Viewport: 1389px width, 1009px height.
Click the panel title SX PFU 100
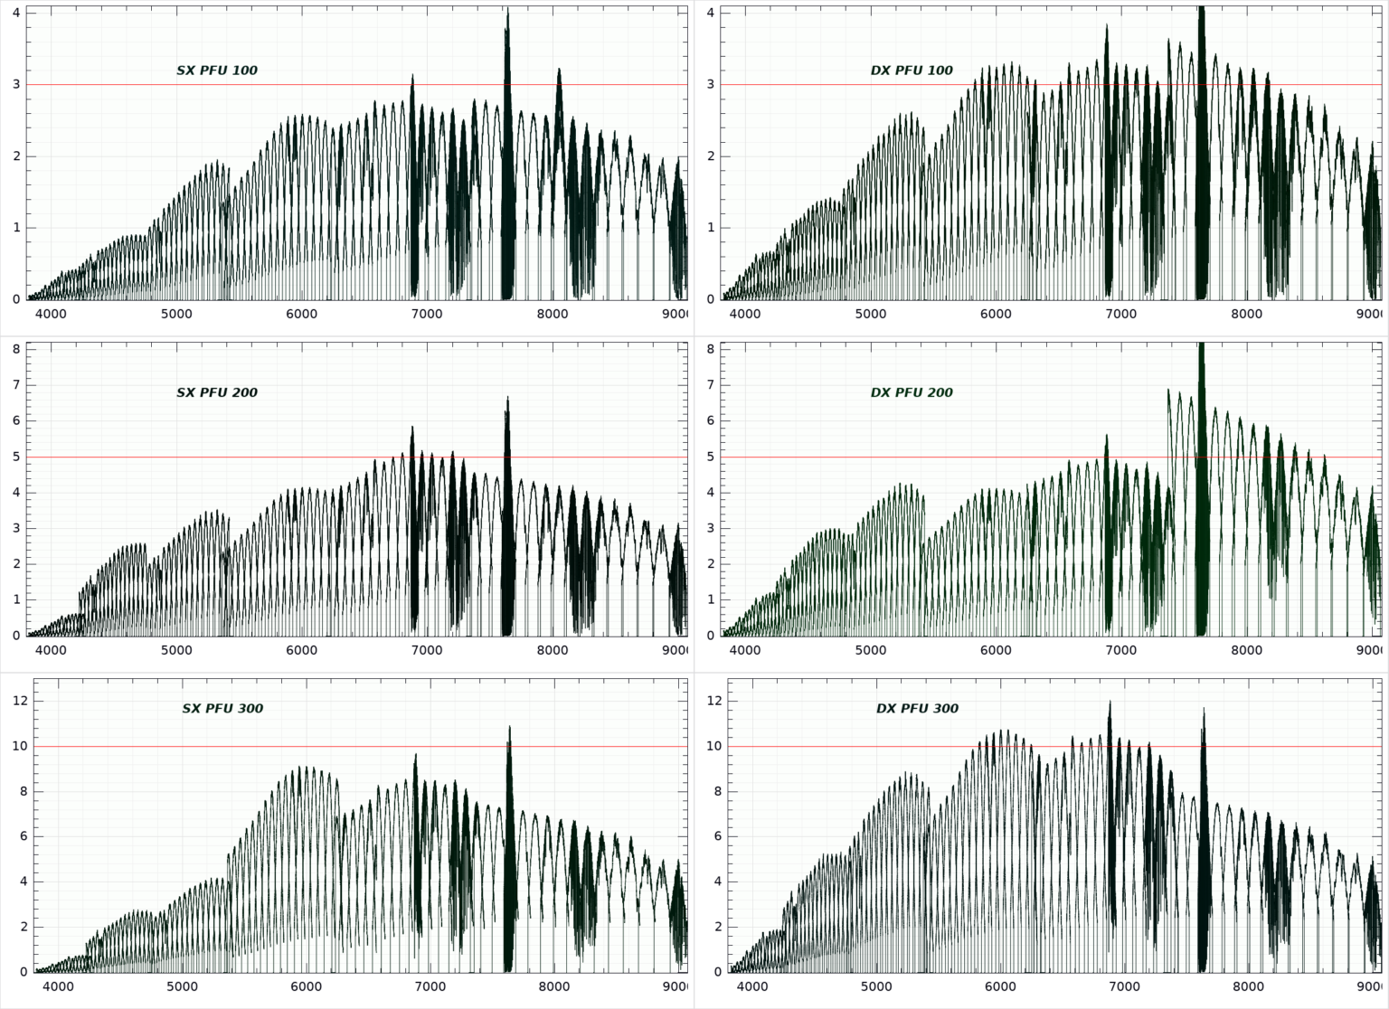pos(217,71)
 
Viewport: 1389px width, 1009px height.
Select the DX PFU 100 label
pos(912,71)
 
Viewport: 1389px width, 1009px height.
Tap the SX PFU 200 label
pos(217,392)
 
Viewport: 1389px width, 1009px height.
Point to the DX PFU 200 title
pos(912,392)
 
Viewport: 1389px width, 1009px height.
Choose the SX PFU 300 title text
pos(222,709)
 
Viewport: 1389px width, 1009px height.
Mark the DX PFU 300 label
pos(917,709)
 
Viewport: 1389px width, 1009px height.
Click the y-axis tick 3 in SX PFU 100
pos(16,85)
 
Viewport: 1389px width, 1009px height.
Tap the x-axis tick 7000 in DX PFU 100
pos(1121,314)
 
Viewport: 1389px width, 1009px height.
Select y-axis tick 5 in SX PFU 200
pos(16,457)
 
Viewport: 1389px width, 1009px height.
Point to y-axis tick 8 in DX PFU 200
pos(711,349)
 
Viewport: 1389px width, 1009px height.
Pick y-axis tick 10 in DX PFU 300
pos(713,747)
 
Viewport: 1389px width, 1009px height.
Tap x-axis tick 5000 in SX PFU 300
pos(182,987)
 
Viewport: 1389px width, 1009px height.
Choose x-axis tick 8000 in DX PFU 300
pos(1249,987)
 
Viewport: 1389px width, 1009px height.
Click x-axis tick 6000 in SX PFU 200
pos(301,650)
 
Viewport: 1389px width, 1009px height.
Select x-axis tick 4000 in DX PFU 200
pos(745,650)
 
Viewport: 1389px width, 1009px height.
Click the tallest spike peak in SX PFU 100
pos(507,10)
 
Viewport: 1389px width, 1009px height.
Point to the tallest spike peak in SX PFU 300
pos(509,727)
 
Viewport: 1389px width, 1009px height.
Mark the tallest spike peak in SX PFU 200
pos(507,398)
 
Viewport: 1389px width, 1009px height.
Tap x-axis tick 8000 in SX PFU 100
pos(552,314)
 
